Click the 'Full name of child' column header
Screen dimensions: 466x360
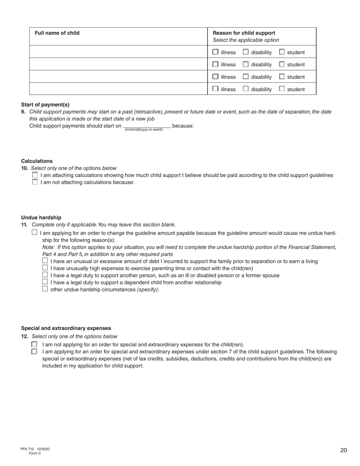[x=57, y=33]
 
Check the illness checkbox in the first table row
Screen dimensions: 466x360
[x=215, y=52]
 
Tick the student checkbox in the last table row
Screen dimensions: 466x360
[x=282, y=89]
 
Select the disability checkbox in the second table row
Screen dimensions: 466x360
[x=246, y=64]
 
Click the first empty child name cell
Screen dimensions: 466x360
[x=119, y=52]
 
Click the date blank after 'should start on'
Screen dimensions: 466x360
[x=147, y=126]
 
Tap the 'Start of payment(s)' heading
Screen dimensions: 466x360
[x=45, y=105]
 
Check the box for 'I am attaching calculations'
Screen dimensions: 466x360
[x=35, y=175]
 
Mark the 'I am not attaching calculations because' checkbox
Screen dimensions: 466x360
[x=35, y=182]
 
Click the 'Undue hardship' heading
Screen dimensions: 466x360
[x=41, y=217]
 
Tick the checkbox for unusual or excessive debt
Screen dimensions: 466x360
[x=45, y=261]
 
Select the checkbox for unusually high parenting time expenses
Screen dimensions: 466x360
[x=45, y=268]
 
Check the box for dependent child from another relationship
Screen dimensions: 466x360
[x=45, y=282]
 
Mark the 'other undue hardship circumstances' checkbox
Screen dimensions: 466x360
[x=45, y=289]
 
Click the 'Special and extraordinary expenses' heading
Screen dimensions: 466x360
[x=66, y=328]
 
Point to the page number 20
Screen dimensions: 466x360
[x=343, y=450]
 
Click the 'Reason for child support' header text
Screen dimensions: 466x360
[x=244, y=33]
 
